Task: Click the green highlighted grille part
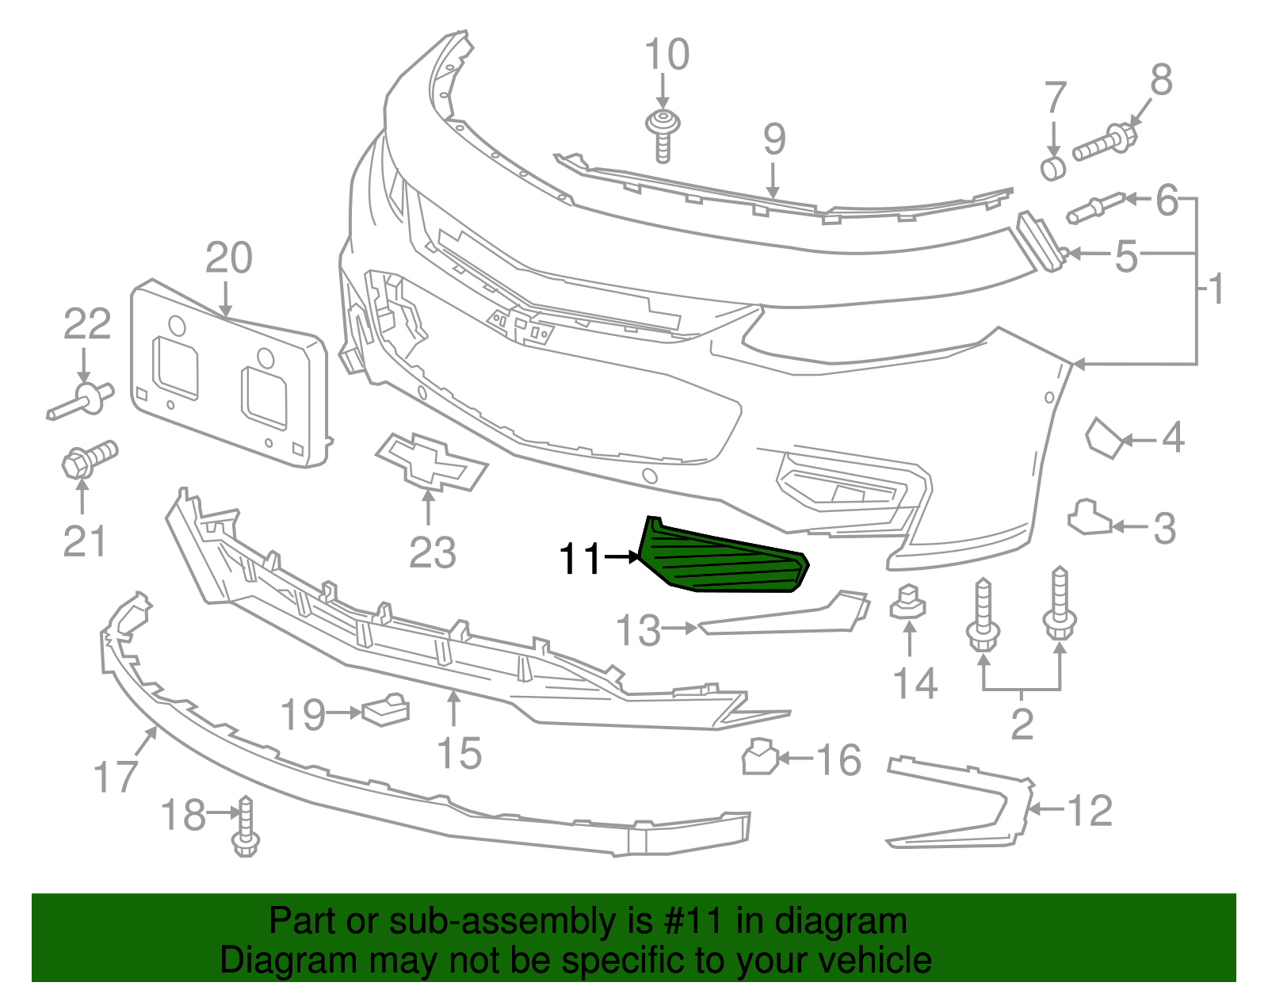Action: (x=721, y=559)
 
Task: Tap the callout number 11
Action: (x=581, y=559)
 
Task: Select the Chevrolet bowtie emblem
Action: (x=432, y=462)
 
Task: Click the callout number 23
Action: (x=433, y=552)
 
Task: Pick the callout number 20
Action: (x=228, y=258)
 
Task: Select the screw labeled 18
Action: (x=246, y=828)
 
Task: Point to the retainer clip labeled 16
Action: (x=758, y=757)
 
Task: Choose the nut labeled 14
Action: (x=908, y=602)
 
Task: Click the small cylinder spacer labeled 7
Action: (x=1053, y=168)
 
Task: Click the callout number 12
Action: (x=1090, y=810)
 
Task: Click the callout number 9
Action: (x=774, y=140)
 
